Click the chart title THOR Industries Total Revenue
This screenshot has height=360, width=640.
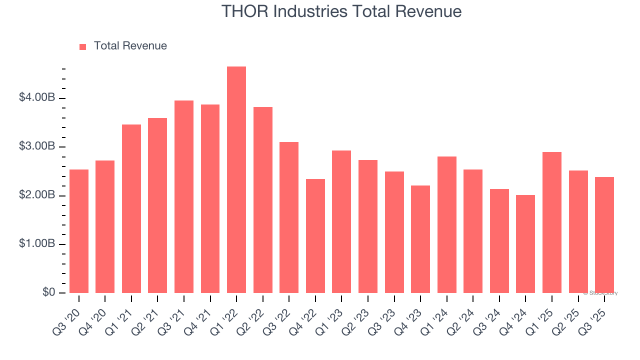tap(341, 11)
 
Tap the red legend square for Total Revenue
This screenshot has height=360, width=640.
tap(83, 46)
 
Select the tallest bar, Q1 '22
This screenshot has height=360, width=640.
tap(236, 180)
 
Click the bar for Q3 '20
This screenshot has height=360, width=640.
tap(79, 231)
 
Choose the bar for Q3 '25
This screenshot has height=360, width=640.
tap(604, 235)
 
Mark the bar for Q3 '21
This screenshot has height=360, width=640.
tap(184, 197)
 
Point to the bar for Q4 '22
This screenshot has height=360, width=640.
tap(315, 236)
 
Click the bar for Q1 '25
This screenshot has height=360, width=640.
tap(552, 222)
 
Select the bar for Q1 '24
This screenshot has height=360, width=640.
tap(447, 225)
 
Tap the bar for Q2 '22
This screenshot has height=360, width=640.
tap(263, 200)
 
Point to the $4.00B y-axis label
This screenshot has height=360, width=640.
tap(37, 97)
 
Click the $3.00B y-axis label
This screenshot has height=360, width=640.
tap(37, 146)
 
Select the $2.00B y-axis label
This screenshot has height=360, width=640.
tap(37, 195)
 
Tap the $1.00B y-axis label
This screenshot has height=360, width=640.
tap(37, 244)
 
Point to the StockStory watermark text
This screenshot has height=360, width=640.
tap(600, 293)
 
